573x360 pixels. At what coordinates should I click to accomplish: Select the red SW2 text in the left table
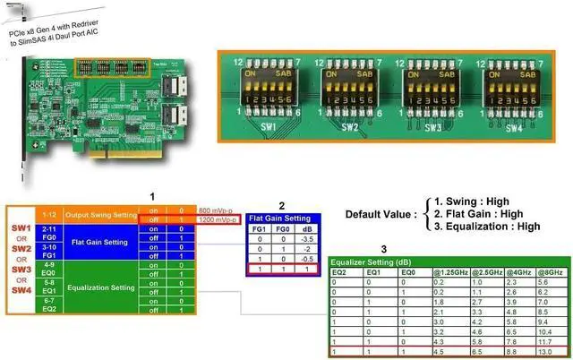tap(19, 248)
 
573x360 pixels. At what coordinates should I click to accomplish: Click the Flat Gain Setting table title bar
tap(279, 217)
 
